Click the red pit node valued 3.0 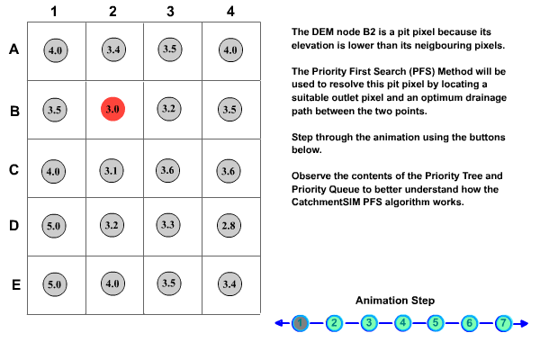click(113, 109)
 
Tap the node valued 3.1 click(113, 169)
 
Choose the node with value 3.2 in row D click(113, 226)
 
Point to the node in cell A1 click(55, 50)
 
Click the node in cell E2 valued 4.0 click(113, 284)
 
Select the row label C click(13, 168)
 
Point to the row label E click(13, 285)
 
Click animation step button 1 click(301, 322)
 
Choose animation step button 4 click(402, 322)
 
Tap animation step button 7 click(504, 322)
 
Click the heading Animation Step click(395, 301)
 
